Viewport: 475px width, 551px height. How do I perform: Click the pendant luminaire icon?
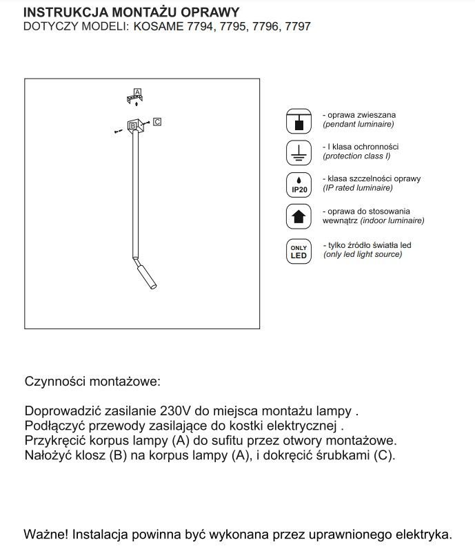point(299,121)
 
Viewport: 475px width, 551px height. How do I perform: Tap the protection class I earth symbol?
point(299,152)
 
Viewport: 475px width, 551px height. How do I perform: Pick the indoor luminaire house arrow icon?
point(299,216)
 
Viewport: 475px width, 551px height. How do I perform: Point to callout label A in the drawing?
point(137,92)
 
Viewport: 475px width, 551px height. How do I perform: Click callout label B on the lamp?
point(133,125)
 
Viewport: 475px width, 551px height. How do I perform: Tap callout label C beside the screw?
point(157,122)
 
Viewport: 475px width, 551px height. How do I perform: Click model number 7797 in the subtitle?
point(296,27)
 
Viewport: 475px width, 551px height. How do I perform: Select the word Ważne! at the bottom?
point(46,534)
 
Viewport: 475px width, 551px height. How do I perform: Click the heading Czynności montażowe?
point(92,381)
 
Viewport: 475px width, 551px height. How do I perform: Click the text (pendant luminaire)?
point(358,125)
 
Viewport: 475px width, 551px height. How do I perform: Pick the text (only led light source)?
point(363,254)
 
